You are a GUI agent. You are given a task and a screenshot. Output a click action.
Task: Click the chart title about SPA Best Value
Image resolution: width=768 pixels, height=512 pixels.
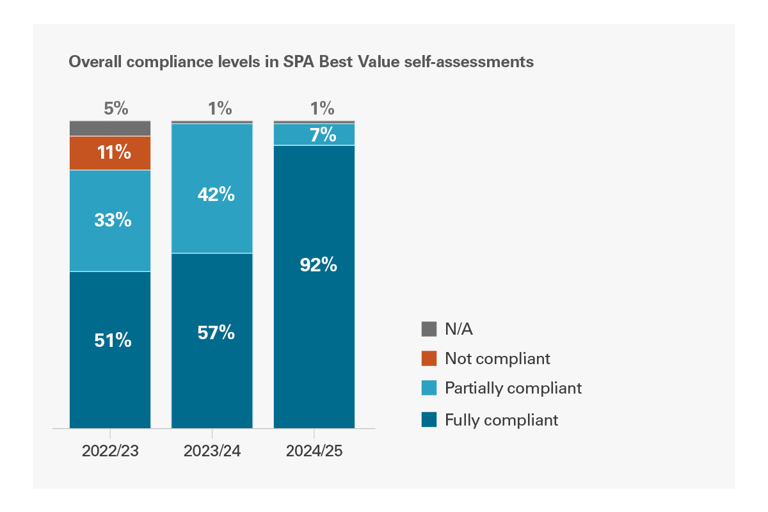301,62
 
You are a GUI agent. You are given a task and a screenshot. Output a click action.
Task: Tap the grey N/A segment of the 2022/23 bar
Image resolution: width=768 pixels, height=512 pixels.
110,128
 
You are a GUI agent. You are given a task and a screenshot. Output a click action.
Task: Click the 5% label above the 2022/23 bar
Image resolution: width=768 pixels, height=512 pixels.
116,108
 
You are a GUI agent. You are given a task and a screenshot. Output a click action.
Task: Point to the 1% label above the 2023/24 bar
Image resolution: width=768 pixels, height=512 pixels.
220,108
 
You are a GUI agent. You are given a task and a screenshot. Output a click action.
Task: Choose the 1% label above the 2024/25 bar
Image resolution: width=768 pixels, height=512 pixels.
322,108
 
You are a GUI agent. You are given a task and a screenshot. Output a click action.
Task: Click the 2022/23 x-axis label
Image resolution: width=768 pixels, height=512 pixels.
110,451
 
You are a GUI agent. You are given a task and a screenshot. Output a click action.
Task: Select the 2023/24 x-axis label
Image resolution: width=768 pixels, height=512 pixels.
212,451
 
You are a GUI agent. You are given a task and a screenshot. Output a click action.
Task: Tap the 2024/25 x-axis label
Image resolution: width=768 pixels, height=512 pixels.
314,451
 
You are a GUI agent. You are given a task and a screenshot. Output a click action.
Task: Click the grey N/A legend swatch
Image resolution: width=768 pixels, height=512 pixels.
429,329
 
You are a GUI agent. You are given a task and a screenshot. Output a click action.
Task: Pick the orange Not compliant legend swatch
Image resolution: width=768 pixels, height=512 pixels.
429,358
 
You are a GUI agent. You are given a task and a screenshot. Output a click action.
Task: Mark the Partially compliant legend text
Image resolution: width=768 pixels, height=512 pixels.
513,388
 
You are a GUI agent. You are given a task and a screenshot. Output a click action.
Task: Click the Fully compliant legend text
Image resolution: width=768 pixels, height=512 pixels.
502,420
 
